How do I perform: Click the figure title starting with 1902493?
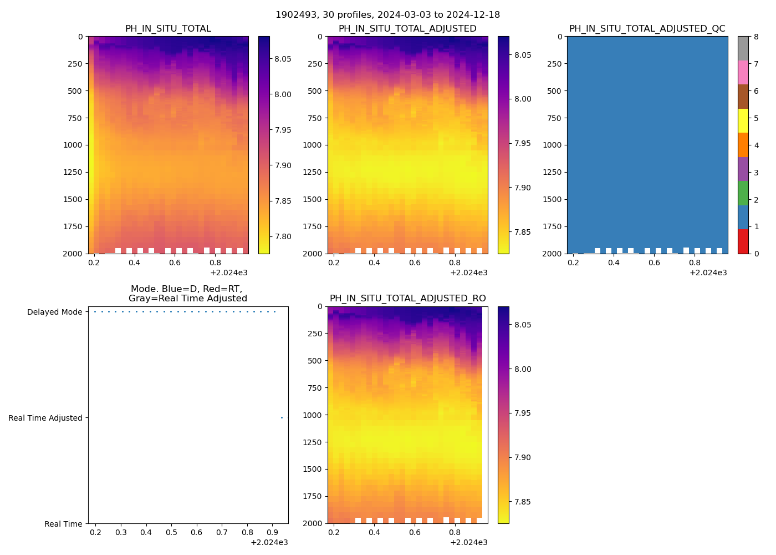pyautogui.click(x=387, y=15)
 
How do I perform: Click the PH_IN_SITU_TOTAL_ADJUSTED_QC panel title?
pyautogui.click(x=647, y=29)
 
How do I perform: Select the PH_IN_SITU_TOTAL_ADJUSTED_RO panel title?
pyautogui.click(x=407, y=299)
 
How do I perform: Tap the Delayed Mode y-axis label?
pyautogui.click(x=54, y=312)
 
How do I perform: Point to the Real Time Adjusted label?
pyautogui.click(x=45, y=418)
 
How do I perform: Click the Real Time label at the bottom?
pyautogui.click(x=63, y=524)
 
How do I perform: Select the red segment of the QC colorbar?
pyautogui.click(x=743, y=241)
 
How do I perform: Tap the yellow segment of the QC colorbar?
pyautogui.click(x=743, y=121)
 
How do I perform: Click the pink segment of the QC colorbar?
pyautogui.click(x=743, y=72)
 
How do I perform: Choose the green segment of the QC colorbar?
pyautogui.click(x=743, y=193)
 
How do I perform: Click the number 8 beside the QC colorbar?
pyautogui.click(x=757, y=37)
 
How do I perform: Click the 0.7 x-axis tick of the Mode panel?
pyautogui.click(x=222, y=533)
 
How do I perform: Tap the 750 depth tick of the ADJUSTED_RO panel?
pyautogui.click(x=315, y=387)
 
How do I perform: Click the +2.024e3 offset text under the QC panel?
pyautogui.click(x=708, y=273)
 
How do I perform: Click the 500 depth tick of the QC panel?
pyautogui.click(x=555, y=91)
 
